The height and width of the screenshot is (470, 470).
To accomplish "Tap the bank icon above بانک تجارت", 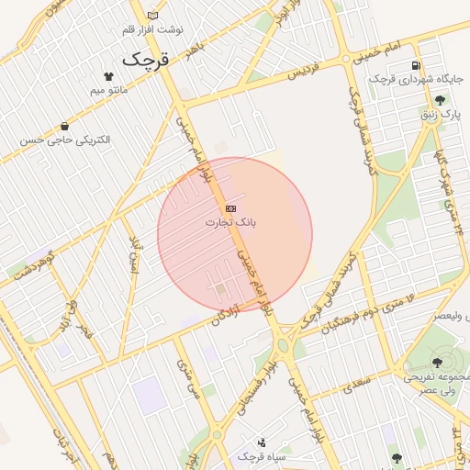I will pos(230,209).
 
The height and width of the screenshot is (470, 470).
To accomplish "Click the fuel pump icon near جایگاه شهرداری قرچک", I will pos(417,66).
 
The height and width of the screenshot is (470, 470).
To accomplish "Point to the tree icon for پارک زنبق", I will pos(440,101).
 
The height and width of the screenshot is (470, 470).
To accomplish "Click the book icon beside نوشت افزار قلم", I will pos(152,15).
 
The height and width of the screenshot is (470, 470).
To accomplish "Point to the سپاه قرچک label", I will pos(263,455).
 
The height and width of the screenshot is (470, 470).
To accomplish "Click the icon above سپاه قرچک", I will pos(262,442).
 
